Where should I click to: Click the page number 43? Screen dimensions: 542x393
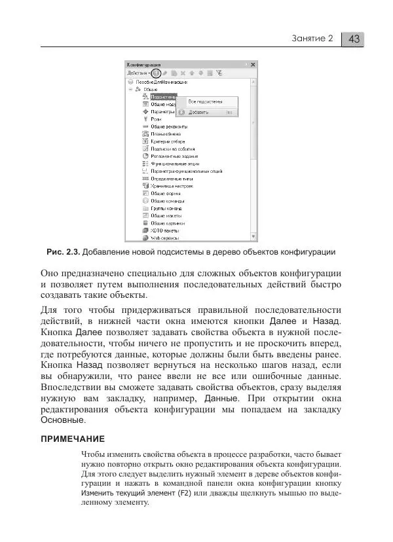354,39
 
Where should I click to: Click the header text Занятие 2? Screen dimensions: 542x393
312,39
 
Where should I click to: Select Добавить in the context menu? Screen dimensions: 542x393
199,113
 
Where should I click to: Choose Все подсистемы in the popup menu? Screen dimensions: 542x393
205,101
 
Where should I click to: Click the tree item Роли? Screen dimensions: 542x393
156,118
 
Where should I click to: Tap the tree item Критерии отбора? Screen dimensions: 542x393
168,141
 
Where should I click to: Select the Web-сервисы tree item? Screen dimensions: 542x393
164,238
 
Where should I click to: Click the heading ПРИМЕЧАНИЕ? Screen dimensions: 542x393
73,438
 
